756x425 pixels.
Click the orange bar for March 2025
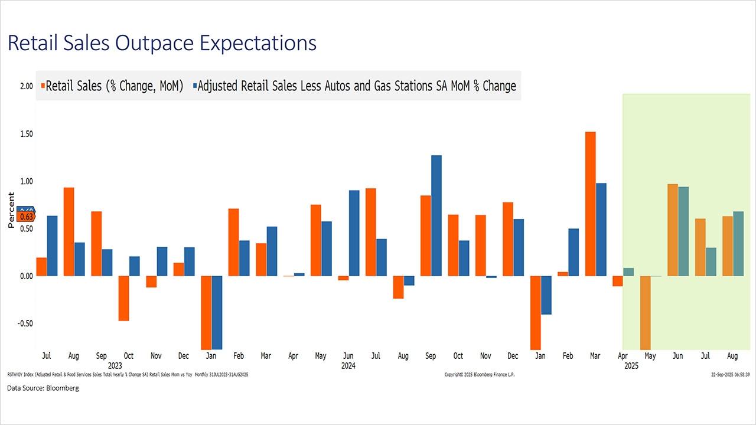click(590, 204)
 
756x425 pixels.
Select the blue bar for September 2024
click(436, 215)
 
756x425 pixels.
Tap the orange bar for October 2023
click(123, 298)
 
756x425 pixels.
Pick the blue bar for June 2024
click(354, 233)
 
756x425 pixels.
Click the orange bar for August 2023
click(69, 231)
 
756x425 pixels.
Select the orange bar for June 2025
click(672, 230)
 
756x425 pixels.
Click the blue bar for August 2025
click(738, 243)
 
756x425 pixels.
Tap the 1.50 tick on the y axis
click(25, 134)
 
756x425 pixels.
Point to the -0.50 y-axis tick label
click(24, 323)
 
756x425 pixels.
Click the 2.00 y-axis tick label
click(25, 86)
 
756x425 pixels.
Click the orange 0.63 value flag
click(27, 217)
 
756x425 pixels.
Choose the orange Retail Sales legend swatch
click(43, 86)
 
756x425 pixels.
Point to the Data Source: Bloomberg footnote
click(43, 388)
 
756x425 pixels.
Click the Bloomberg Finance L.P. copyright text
click(480, 375)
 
